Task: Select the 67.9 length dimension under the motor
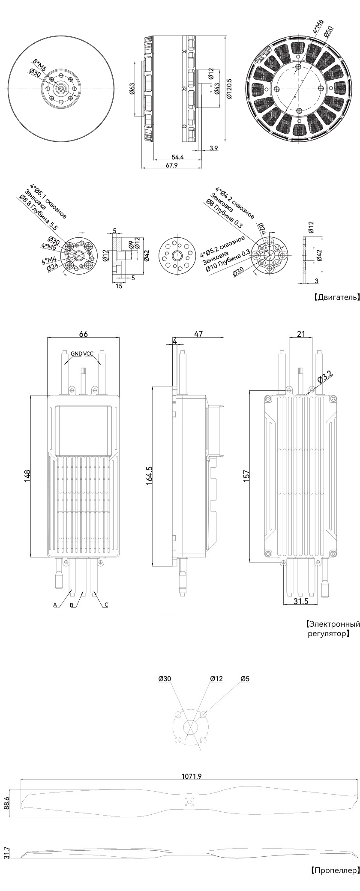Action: (x=171, y=165)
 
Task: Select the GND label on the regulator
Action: (x=77, y=353)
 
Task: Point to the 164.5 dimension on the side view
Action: (x=149, y=475)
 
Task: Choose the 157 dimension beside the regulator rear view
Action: (x=246, y=476)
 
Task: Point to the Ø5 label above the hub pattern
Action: (x=245, y=679)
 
